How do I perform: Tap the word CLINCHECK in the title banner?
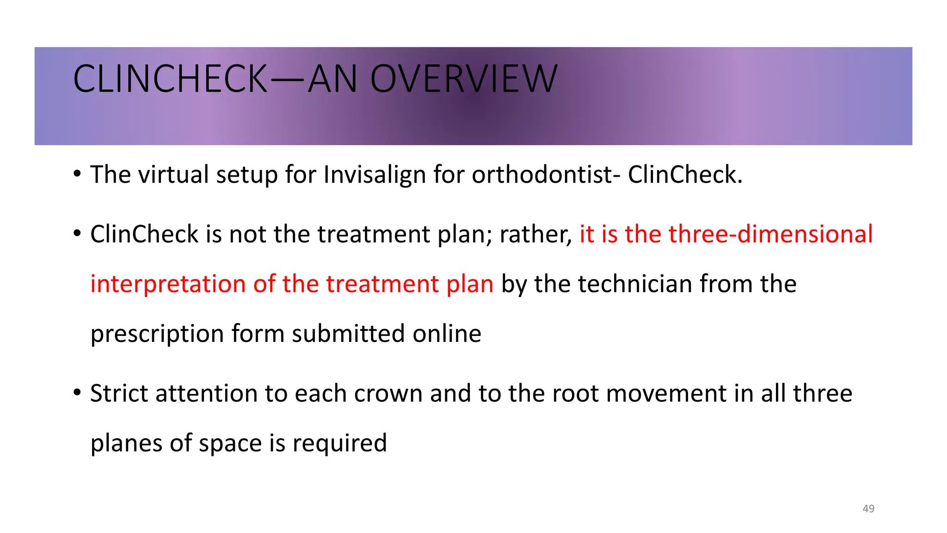pyautogui.click(x=170, y=79)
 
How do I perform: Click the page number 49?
pyautogui.click(x=868, y=508)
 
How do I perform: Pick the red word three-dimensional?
pyautogui.click(x=770, y=234)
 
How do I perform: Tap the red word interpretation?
pyautogui.click(x=168, y=284)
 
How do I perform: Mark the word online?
pyautogui.click(x=447, y=334)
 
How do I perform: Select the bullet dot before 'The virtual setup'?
pyautogui.click(x=77, y=175)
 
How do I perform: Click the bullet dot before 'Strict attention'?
pyautogui.click(x=77, y=394)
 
